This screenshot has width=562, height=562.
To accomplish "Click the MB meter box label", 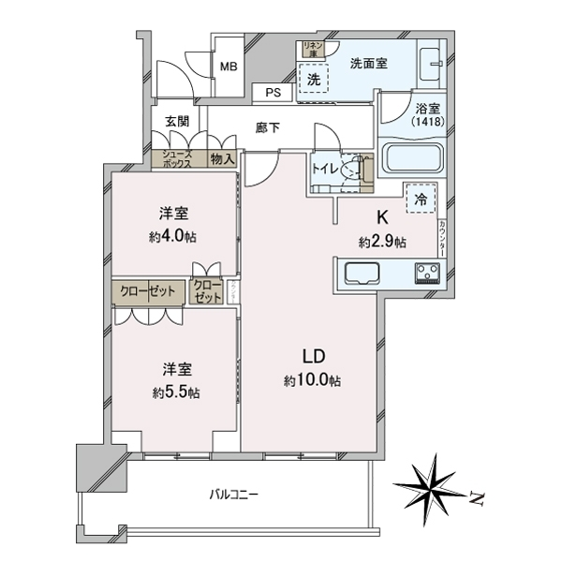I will click(x=228, y=66).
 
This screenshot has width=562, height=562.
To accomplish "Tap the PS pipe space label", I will click(x=273, y=93).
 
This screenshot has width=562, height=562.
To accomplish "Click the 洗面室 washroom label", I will click(x=369, y=64).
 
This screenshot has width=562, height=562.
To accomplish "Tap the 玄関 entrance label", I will click(x=177, y=121).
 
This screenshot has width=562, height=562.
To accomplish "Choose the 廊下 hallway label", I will click(x=268, y=128).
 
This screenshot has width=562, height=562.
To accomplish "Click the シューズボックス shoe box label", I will click(x=178, y=158).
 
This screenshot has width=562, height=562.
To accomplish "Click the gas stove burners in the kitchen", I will click(x=430, y=274).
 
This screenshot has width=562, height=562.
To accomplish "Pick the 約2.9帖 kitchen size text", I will click(x=382, y=242).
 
